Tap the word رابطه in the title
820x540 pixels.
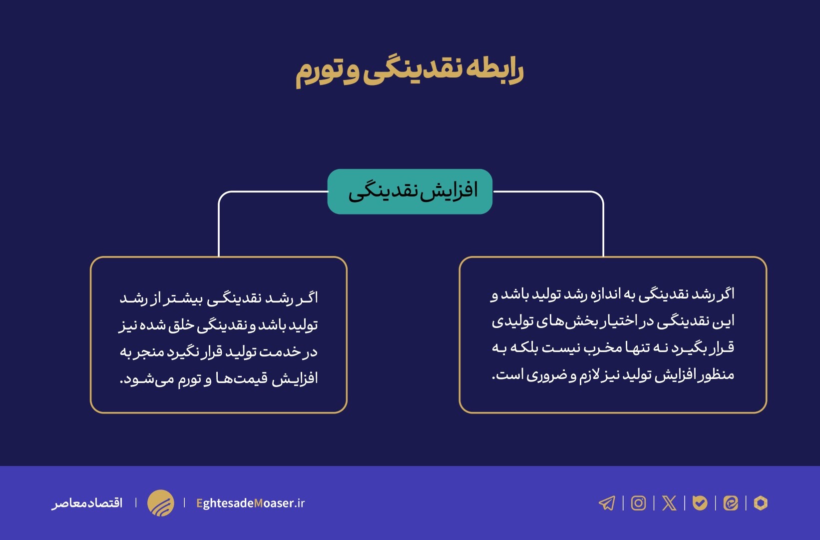[494, 69]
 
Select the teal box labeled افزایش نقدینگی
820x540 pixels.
[410, 191]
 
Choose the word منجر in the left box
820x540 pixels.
[149, 352]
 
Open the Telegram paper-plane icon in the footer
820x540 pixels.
[607, 503]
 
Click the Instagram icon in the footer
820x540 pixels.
[638, 503]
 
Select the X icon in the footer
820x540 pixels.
[669, 503]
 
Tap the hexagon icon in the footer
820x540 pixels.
[761, 503]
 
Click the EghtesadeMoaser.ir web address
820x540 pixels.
[250, 503]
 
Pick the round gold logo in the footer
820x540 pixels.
[160, 503]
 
